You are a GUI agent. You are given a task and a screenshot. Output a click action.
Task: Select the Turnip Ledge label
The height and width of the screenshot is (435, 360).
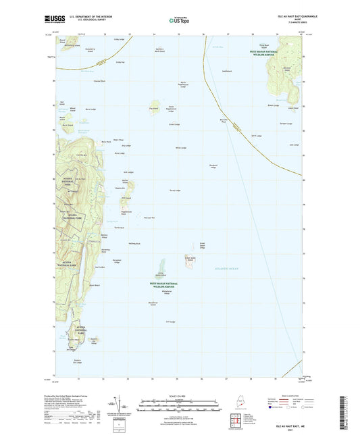174,190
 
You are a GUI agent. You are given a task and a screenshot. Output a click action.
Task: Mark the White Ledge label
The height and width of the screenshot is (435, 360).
180,148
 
